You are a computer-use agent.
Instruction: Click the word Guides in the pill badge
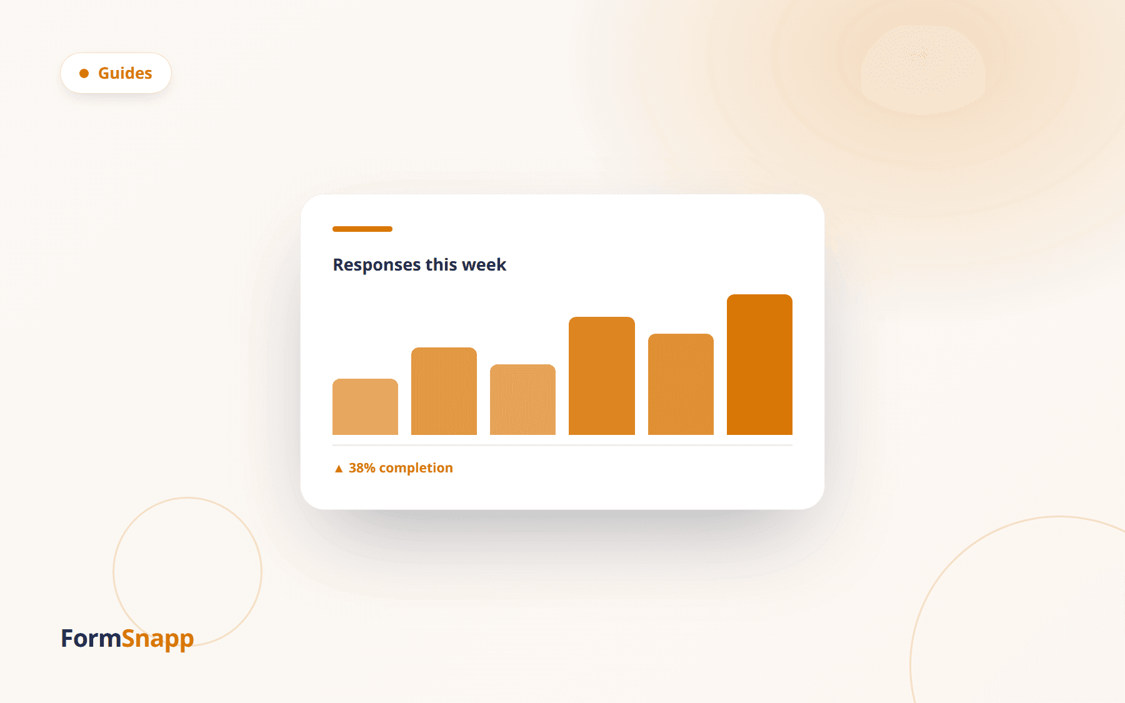[x=125, y=73]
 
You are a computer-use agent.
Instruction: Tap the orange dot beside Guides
[x=84, y=74]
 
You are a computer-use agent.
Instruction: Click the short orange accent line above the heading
[x=362, y=229]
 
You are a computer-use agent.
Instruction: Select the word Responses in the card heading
[x=377, y=265]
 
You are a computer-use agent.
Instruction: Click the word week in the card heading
[x=484, y=264]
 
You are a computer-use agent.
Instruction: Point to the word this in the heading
[x=441, y=264]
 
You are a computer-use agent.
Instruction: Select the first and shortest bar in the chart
[x=365, y=407]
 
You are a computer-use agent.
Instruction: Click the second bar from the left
[x=444, y=391]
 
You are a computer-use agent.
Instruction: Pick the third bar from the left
[x=522, y=399]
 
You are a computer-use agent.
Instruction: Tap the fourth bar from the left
[x=602, y=376]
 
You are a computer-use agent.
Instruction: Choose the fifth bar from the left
[x=681, y=384]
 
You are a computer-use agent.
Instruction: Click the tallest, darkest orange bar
[x=759, y=364]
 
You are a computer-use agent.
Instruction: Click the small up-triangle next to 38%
[x=339, y=469]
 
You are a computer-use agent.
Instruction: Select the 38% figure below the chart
[x=362, y=468]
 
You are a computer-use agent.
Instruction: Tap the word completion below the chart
[x=416, y=469]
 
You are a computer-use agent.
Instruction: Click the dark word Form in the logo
[x=91, y=639]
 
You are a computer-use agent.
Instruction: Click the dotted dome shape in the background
[x=923, y=70]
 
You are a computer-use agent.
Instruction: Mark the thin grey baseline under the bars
[x=562, y=445]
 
